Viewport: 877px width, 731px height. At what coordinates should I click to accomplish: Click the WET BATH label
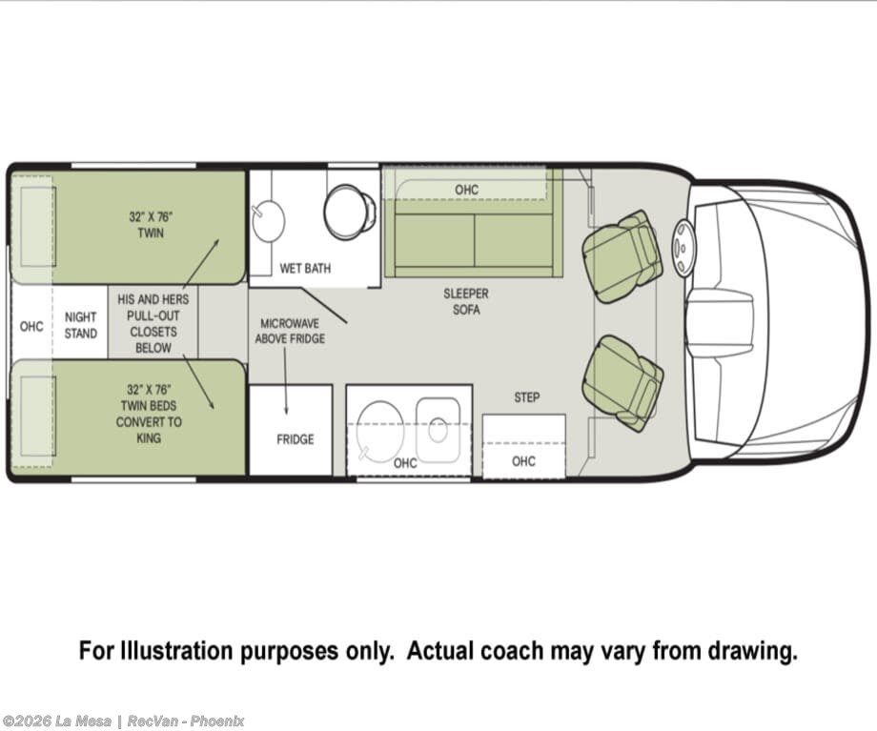[305, 269]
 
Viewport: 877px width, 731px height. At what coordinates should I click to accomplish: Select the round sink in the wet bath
[268, 221]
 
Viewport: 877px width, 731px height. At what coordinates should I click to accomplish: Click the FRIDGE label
[295, 439]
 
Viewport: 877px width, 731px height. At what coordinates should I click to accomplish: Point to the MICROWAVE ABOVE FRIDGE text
[290, 331]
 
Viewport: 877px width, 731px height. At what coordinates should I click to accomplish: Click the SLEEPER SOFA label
[466, 301]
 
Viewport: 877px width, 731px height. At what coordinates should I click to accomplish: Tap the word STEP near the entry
[527, 397]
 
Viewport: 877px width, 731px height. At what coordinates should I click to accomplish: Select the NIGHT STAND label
[80, 326]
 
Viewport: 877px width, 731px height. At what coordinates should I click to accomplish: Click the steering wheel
[683, 248]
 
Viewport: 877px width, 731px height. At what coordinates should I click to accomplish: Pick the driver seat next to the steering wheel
[622, 256]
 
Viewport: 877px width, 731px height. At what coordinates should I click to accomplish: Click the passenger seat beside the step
[622, 382]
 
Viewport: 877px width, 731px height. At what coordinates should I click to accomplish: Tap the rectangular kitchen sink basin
[438, 430]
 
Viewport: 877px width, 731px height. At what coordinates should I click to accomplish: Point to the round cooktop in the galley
[380, 431]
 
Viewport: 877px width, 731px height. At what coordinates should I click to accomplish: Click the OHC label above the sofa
[466, 191]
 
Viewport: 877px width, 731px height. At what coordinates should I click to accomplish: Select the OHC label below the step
[523, 461]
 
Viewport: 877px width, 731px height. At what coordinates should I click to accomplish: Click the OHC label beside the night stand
[31, 326]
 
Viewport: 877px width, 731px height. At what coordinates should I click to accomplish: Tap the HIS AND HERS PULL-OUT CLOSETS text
[153, 323]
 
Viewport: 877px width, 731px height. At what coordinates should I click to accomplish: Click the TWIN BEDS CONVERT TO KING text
[149, 414]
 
